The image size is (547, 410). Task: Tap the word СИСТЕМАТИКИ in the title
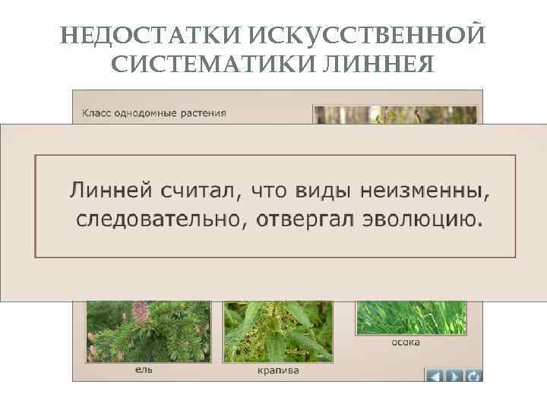[x=207, y=64]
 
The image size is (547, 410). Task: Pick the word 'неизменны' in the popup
[x=425, y=189]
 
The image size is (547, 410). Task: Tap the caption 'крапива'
[x=277, y=371]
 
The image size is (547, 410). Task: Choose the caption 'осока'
[x=406, y=342]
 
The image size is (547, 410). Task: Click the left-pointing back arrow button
[x=435, y=374]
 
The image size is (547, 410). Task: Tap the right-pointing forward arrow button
[x=454, y=374]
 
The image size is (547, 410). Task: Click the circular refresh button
[x=474, y=374]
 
